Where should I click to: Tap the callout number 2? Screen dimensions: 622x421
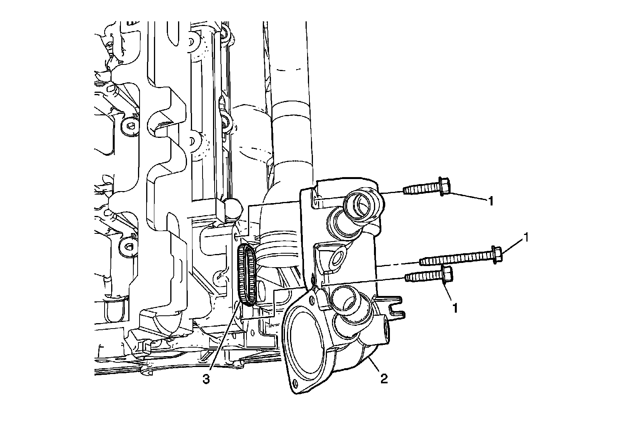[x=384, y=378]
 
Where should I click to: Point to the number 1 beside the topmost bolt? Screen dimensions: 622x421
[x=491, y=201]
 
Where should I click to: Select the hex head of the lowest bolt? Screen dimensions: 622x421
[x=447, y=275]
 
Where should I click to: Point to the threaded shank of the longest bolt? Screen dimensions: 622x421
[x=455, y=259]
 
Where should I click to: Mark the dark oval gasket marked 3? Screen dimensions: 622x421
[x=247, y=277]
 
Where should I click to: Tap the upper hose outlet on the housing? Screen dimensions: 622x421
[x=362, y=205]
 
